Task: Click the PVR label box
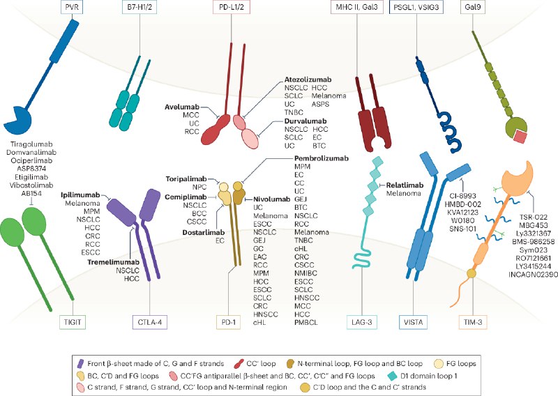(73, 7)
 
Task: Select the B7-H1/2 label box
(139, 7)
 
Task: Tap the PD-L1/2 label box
(232, 7)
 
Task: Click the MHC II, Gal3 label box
(357, 7)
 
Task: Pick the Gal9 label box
(473, 7)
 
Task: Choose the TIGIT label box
(73, 322)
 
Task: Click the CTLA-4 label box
(150, 322)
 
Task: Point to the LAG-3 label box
(362, 322)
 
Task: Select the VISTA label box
(413, 322)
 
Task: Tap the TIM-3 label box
(473, 322)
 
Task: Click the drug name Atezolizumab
(308, 79)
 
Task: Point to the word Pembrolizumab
(322, 158)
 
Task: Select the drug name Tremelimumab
(114, 262)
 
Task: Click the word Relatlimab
(405, 185)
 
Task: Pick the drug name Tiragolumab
(31, 144)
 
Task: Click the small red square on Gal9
(519, 137)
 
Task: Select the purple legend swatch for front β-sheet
(81, 364)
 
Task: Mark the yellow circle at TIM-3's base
(472, 273)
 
